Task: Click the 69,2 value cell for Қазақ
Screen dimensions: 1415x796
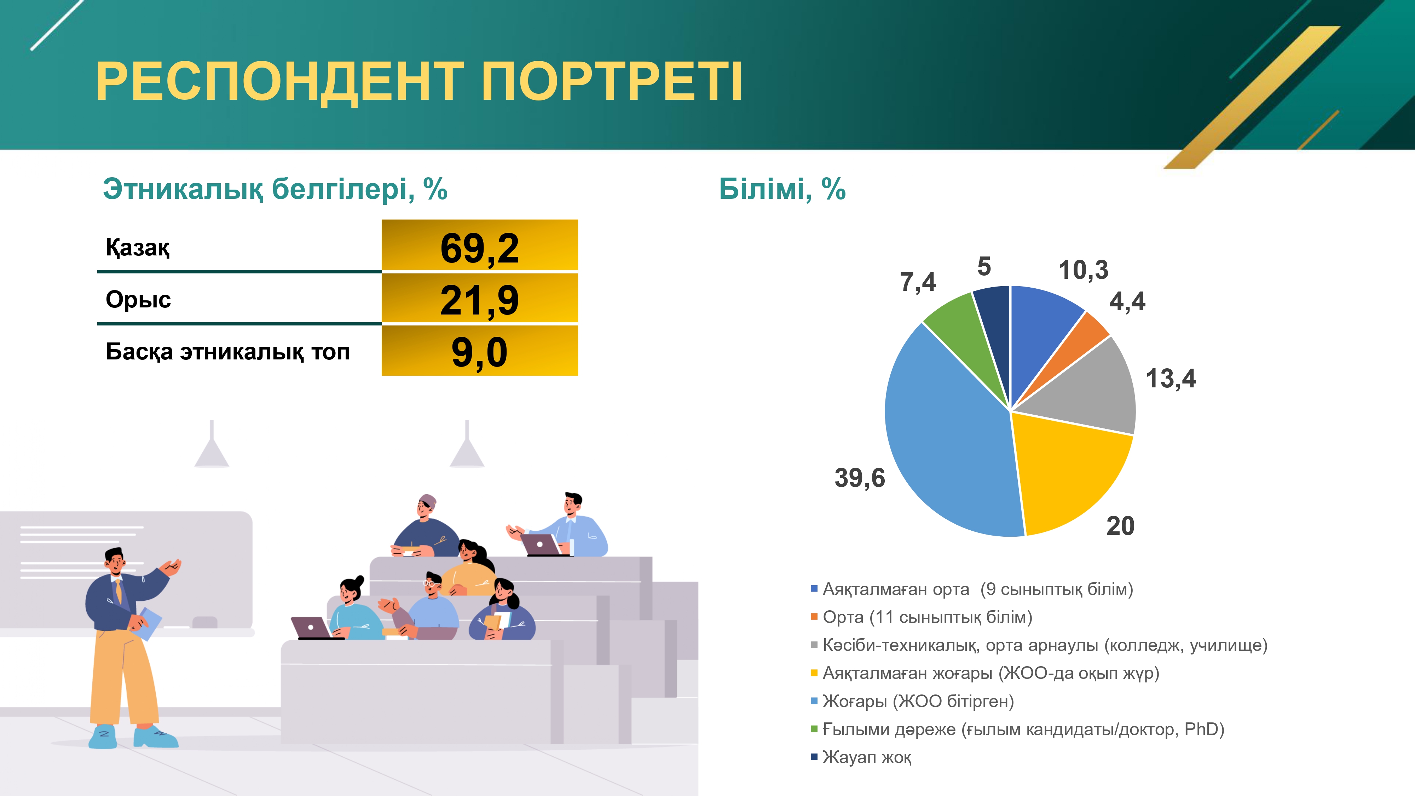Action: point(480,245)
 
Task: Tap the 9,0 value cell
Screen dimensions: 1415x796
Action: point(480,351)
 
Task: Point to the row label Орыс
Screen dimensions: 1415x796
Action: point(138,299)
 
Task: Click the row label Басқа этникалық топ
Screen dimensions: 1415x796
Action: point(227,352)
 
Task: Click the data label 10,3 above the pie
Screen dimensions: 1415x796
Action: point(1083,270)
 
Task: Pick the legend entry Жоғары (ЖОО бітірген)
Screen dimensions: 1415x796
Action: point(912,701)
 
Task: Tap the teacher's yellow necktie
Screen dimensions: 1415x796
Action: point(119,591)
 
